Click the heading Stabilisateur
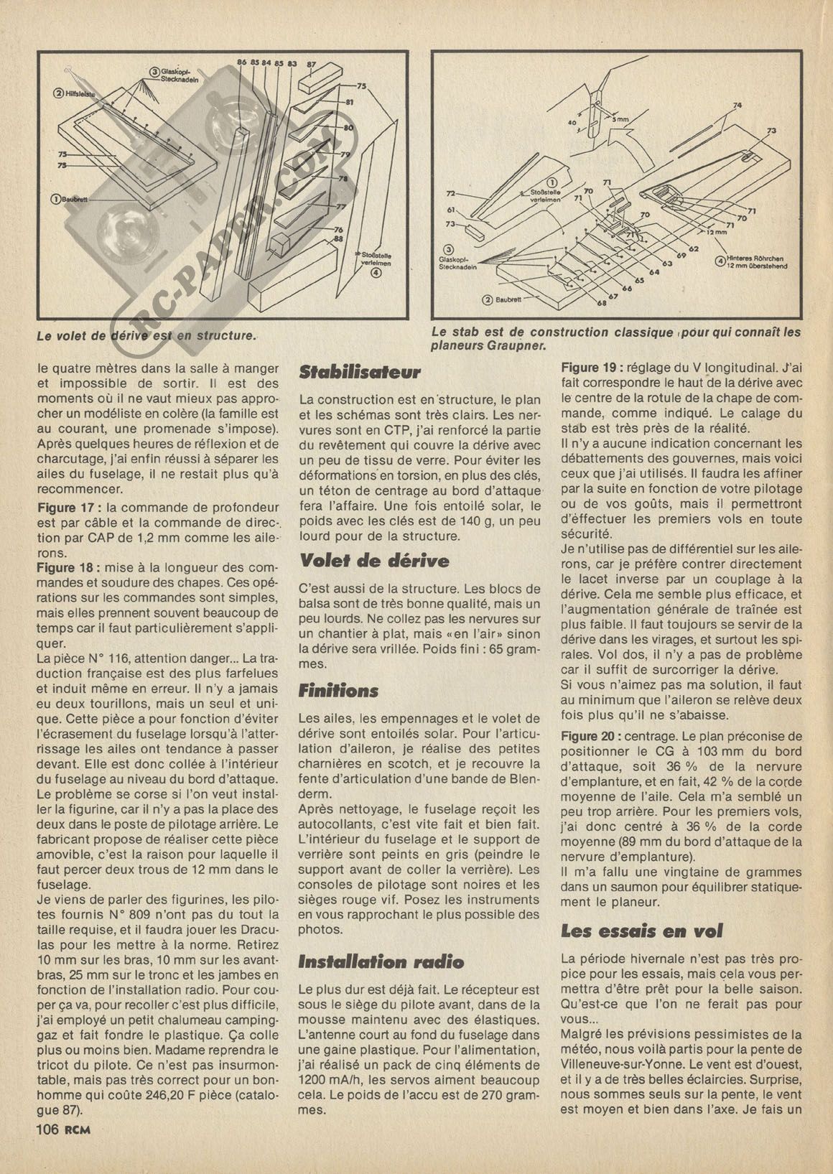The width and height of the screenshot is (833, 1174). pos(359,373)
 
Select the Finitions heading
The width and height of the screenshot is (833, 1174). pos(338,691)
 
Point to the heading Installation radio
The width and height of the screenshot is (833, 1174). pos(381,962)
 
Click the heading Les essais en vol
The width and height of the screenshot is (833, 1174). pos(641,931)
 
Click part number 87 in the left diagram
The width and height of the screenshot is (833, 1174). pos(311,64)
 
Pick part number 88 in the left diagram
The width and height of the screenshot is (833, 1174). pos(339,238)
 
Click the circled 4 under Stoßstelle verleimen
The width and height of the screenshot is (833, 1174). pos(376,272)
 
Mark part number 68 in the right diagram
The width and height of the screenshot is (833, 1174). pos(601,304)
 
